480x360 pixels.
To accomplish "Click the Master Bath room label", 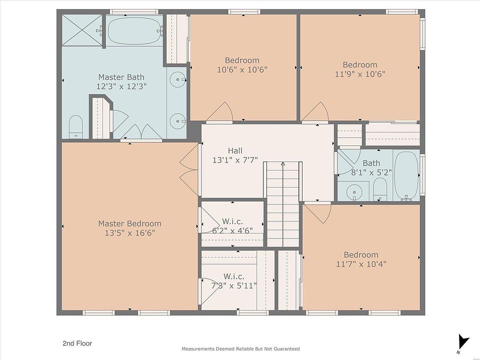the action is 121,77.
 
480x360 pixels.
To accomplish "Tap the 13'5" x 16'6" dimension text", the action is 130,233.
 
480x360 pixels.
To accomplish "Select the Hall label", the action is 235,150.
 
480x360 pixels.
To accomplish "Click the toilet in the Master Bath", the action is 75,126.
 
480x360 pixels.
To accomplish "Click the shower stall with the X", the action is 82,30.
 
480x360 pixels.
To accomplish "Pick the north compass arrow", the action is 463,341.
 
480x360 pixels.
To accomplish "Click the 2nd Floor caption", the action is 77,343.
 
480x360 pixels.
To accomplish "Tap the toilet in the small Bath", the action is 380,189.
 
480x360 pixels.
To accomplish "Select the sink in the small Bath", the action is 354,192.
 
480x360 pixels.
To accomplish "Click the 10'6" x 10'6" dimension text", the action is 242,70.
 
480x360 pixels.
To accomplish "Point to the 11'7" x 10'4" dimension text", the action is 361,264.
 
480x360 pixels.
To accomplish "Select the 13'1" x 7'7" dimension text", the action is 235,160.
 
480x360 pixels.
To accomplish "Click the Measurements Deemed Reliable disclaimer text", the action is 240,348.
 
